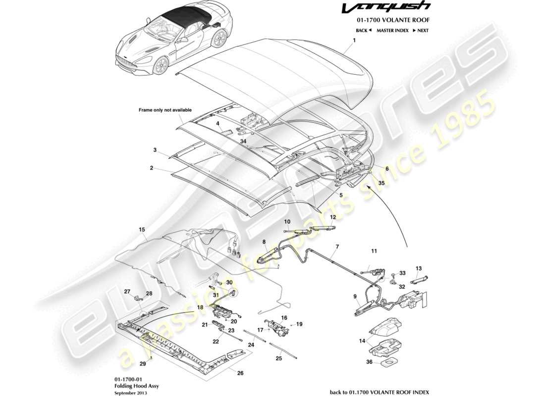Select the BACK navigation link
click(364, 30)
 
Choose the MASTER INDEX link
click(392, 30)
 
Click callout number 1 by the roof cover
click(355, 42)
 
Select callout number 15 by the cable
click(142, 230)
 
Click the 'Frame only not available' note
click(165, 110)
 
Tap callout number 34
click(243, 141)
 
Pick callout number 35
click(381, 182)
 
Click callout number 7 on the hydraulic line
click(337, 246)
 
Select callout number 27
click(127, 292)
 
